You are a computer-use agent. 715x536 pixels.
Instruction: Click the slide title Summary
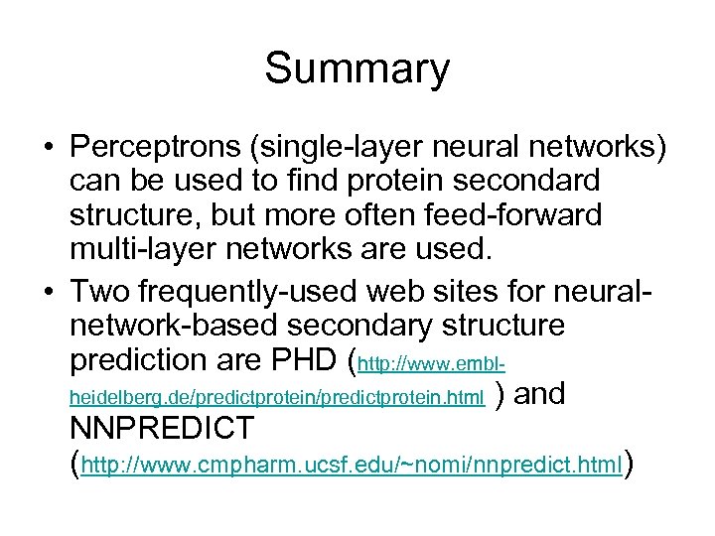click(x=357, y=69)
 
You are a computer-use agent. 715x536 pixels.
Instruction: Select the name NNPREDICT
click(x=163, y=429)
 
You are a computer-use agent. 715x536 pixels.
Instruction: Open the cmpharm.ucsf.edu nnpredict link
click(x=353, y=464)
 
